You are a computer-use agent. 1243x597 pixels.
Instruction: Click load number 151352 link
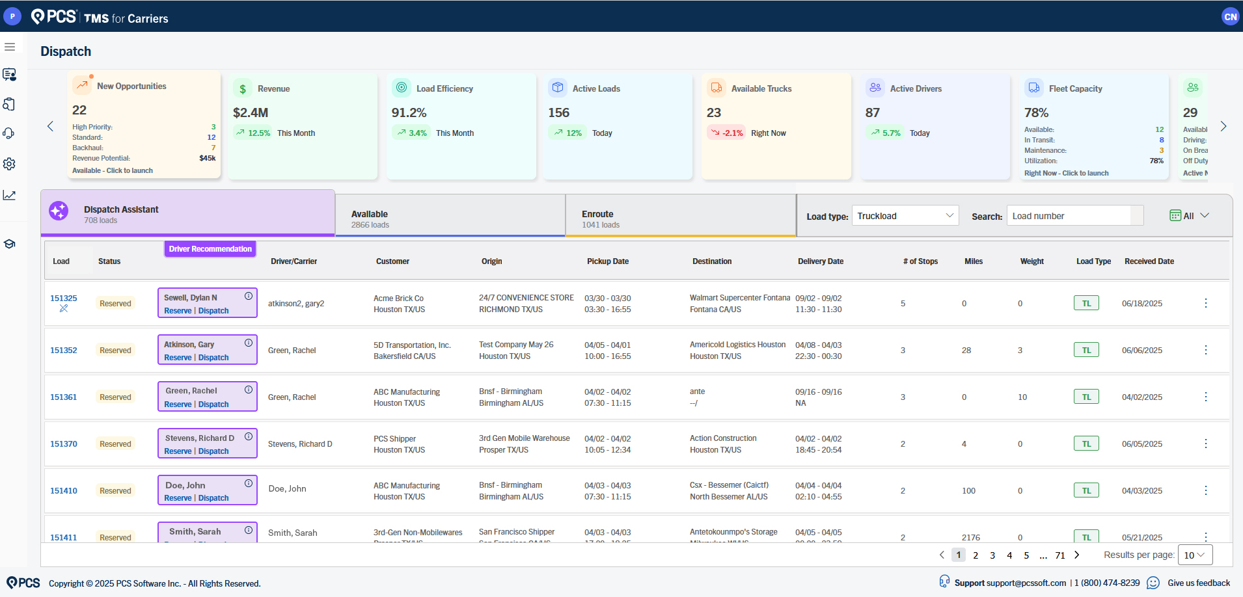(64, 351)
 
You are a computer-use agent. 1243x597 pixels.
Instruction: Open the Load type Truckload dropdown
(905, 216)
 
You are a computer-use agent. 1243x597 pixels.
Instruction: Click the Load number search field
(1069, 216)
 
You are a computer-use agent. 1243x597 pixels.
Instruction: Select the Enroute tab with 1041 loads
(680, 219)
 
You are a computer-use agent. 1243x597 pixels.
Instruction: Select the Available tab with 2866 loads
(450, 219)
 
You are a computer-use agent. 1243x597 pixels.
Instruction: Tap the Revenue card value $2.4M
(251, 113)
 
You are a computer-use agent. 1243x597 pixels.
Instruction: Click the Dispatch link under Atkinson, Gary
(213, 358)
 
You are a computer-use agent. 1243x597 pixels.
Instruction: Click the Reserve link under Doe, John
(178, 498)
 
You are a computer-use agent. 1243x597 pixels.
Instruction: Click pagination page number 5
(1026, 555)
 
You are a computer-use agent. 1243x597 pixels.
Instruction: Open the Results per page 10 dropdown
(1194, 555)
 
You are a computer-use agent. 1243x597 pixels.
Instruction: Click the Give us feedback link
(1199, 583)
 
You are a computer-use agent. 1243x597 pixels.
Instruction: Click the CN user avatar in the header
(1230, 17)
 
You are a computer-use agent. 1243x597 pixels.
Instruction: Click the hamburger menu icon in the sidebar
(10, 47)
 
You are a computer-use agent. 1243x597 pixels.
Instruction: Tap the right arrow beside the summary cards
(1223, 126)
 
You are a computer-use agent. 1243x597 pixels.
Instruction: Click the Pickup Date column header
(607, 261)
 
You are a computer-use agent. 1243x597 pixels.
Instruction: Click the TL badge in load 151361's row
(1086, 397)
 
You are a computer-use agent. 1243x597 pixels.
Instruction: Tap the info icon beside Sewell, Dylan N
(249, 296)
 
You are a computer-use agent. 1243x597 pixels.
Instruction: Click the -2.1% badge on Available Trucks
(726, 133)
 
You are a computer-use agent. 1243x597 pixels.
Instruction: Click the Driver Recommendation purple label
(210, 249)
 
